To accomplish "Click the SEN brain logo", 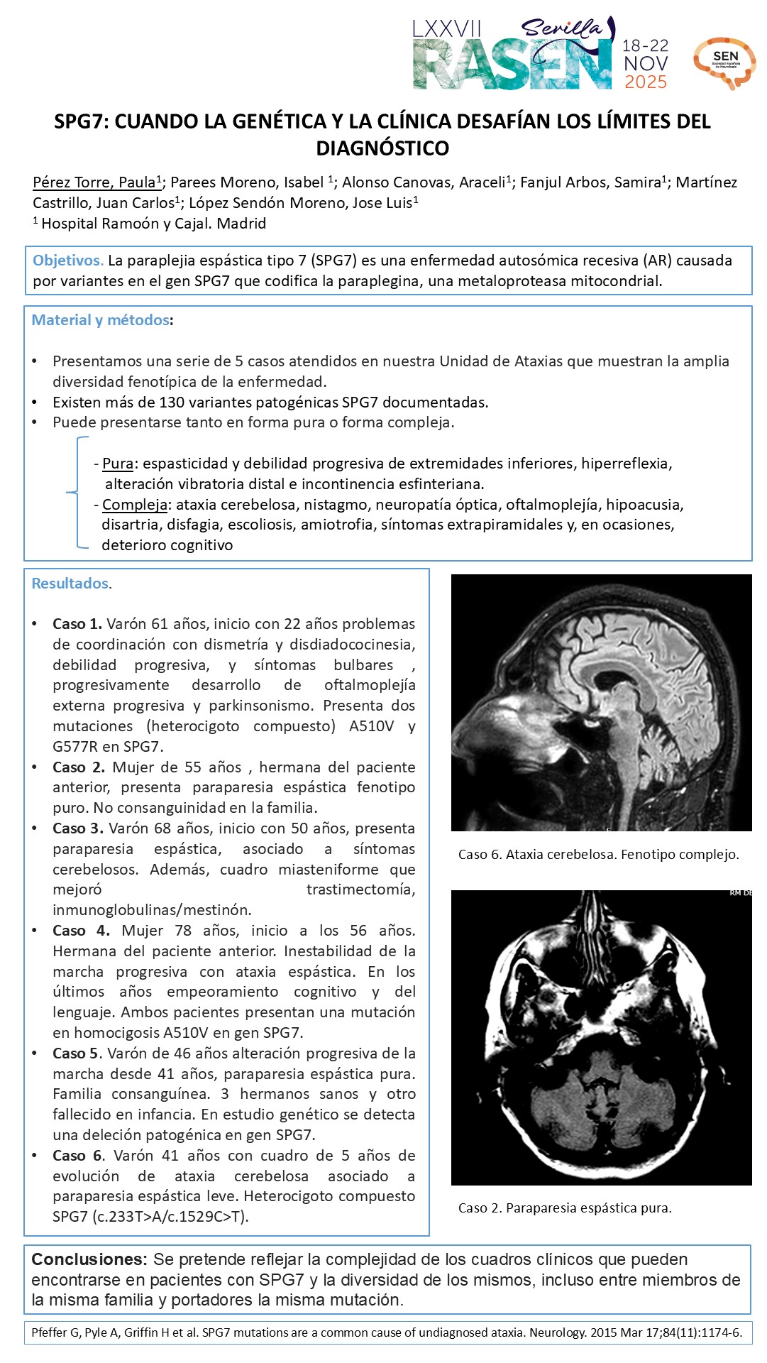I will [724, 62].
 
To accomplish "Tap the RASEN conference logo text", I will [512, 66].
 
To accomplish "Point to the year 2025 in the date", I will [645, 82].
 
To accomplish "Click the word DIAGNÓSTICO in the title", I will [382, 148].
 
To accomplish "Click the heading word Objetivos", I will [68, 261].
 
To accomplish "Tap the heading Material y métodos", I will [101, 320].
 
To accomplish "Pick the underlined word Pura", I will [118, 464].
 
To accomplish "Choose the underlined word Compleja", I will [135, 505].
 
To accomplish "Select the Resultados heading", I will [70, 584].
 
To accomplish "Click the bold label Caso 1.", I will [77, 624].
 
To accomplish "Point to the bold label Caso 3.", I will [78, 828].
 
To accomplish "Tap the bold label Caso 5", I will [77, 1053].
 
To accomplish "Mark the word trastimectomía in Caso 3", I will [360, 889].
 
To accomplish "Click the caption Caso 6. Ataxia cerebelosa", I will [598, 855].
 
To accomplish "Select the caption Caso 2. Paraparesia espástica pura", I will [565, 1208].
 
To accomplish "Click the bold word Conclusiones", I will [88, 1259].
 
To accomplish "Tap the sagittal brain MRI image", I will [601, 702].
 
